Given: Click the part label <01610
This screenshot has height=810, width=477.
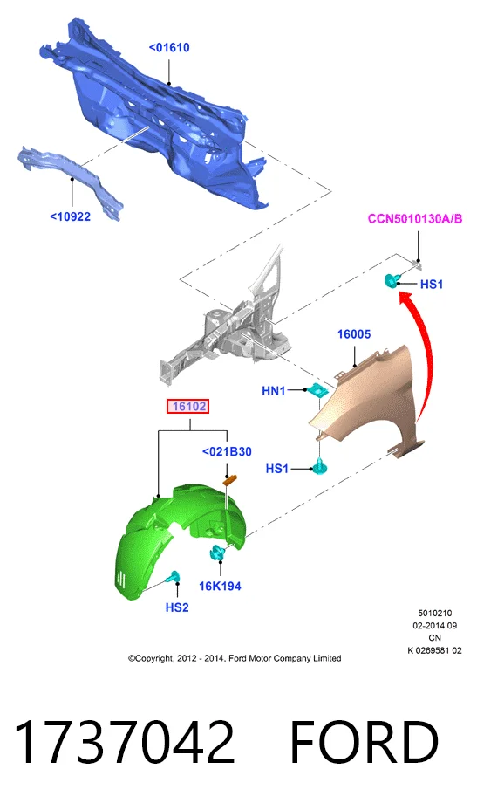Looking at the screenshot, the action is (x=169, y=47).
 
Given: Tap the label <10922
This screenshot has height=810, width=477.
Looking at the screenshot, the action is (x=71, y=216).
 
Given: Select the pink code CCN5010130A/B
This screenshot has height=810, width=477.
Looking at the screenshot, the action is (x=415, y=218).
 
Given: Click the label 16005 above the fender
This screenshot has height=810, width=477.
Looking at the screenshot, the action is (x=354, y=334).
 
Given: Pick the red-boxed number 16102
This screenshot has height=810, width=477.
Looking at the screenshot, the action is (x=189, y=407).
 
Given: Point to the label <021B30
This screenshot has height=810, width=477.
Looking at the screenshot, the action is (x=227, y=451).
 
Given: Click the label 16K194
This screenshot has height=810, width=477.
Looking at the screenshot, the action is (x=220, y=587).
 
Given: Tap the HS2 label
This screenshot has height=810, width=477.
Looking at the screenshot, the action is (x=177, y=607).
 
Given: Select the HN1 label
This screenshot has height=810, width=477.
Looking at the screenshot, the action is (x=274, y=390).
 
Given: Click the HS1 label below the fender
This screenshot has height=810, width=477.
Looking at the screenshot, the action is (x=277, y=469).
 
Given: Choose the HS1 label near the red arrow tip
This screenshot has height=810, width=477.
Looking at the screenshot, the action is (x=432, y=285).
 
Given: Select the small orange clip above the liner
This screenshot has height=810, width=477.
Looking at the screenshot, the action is (x=228, y=480).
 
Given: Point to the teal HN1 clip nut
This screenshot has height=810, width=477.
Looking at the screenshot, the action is (x=316, y=389).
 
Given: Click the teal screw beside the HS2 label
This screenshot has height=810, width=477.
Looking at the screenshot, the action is (x=173, y=577).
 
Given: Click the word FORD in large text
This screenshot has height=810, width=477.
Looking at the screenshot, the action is (x=365, y=742).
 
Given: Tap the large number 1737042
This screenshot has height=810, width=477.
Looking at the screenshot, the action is (x=125, y=742).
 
